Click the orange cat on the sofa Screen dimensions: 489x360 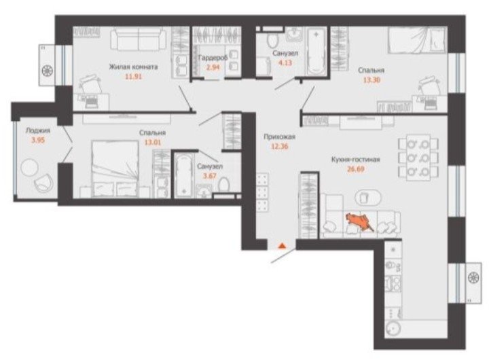(359, 222)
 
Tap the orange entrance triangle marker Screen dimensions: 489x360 (282, 246)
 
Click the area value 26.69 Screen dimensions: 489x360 (355, 169)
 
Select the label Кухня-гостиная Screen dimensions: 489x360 (355, 160)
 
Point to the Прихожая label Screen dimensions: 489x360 (279, 137)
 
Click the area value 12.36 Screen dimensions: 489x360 (279, 146)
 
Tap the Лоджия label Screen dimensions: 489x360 (38, 131)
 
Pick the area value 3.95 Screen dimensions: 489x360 (38, 141)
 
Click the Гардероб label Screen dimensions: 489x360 (213, 58)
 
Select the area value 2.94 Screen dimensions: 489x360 (213, 67)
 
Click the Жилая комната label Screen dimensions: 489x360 (133, 67)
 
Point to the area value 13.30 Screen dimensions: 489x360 (372, 80)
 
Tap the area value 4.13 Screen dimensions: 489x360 (285, 62)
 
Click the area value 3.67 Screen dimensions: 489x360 (210, 176)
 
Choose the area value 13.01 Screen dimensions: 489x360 (153, 142)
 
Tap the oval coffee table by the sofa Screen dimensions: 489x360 (368, 198)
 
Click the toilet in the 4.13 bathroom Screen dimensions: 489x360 (272, 41)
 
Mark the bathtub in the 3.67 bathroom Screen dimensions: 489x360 (183, 175)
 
